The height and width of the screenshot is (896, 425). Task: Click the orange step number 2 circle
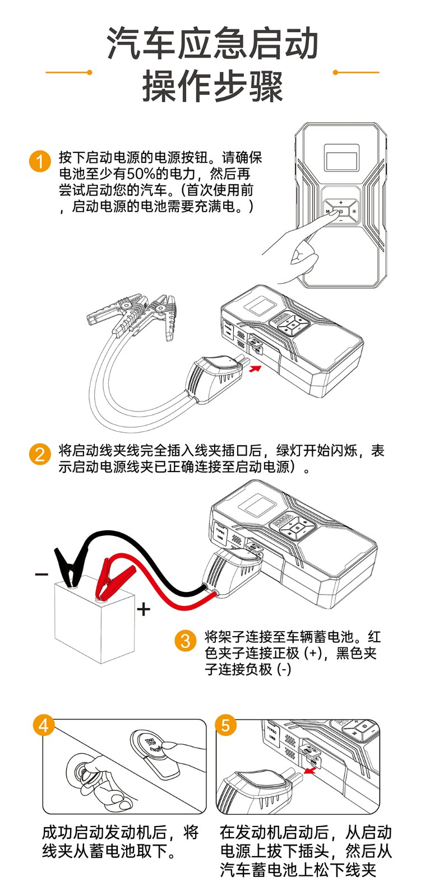click(39, 454)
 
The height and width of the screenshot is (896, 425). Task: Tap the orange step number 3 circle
click(186, 640)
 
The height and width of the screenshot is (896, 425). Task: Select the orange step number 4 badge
click(44, 725)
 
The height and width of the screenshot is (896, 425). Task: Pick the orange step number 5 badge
click(225, 725)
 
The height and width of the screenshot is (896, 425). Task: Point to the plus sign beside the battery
click(144, 609)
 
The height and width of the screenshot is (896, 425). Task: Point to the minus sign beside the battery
click(41, 574)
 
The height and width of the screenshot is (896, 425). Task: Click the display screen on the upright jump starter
click(340, 159)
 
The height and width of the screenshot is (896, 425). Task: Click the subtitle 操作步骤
click(212, 87)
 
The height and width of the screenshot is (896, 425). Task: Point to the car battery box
click(94, 622)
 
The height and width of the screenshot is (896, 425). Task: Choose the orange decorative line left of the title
click(68, 72)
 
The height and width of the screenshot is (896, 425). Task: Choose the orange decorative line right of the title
click(357, 72)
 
